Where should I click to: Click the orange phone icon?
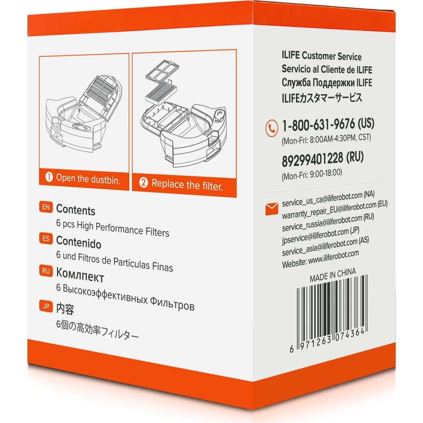point(272,128)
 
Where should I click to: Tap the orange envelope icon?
point(272,209)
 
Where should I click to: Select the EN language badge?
point(46,207)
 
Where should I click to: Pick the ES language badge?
point(46,239)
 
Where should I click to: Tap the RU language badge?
point(46,271)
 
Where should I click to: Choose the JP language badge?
point(46,306)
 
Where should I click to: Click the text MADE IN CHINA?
point(333,275)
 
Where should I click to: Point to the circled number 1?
point(49,177)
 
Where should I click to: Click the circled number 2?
point(143,183)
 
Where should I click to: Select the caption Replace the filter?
point(187,184)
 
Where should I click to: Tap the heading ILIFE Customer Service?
point(321,56)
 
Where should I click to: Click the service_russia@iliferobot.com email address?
point(322,222)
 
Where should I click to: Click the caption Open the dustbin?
point(88,179)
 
